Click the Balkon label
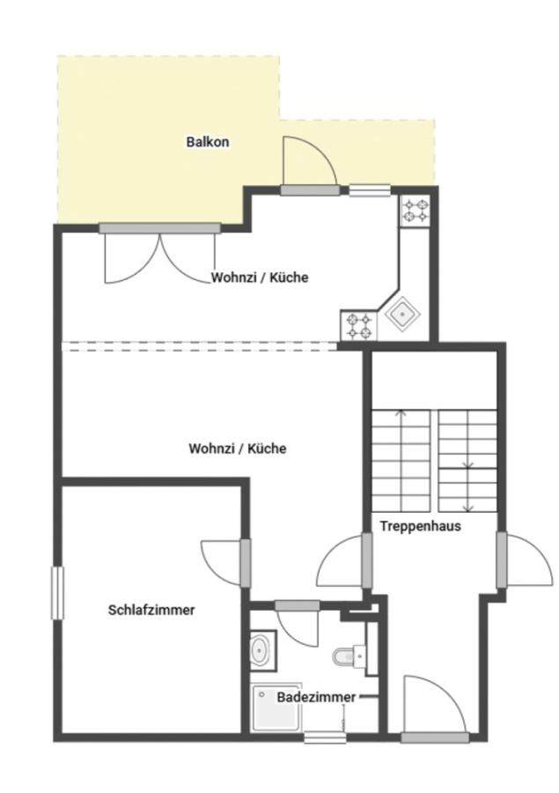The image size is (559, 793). point(207,142)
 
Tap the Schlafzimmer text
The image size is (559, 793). point(151,610)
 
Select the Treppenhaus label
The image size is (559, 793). point(421,526)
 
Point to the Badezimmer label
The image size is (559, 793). point(316,698)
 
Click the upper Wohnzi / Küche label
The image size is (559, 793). point(260,278)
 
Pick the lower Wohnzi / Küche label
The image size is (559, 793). point(238,448)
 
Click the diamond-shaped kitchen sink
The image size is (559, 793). point(403,315)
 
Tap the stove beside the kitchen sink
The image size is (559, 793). point(359,326)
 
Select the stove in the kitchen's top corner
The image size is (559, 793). point(416,211)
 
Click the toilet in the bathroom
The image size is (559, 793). point(349,657)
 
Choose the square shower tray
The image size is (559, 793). point(277,708)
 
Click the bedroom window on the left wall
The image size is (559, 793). point(57,593)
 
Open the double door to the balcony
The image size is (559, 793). point(159,253)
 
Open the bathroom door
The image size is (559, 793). point(298,622)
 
